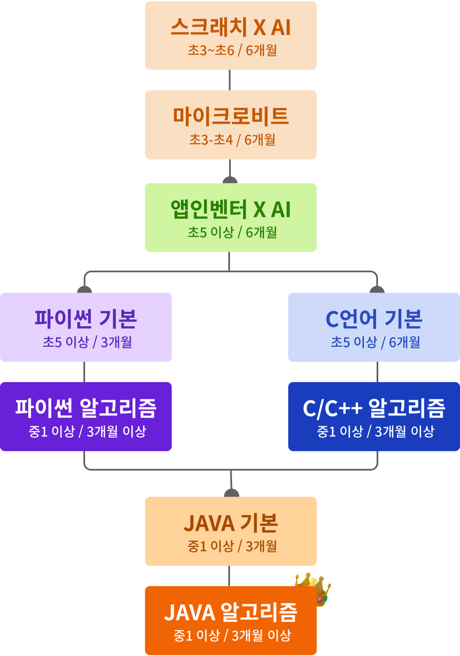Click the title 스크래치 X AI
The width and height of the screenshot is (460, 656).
(231, 27)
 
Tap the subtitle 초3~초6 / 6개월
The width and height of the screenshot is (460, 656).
(232, 51)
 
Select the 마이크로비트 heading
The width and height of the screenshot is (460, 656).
(231, 116)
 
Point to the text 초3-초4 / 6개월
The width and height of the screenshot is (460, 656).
(232, 140)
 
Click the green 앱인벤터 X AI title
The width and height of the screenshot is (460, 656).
(231, 209)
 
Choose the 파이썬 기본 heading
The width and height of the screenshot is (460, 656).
(86, 318)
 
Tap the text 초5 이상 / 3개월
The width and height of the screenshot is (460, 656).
(87, 342)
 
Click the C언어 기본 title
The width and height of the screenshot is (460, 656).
(374, 318)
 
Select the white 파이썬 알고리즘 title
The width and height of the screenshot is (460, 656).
(86, 408)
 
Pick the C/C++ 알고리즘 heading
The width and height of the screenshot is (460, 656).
(374, 408)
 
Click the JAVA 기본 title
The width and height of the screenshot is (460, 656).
(231, 523)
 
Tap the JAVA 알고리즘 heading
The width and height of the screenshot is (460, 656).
(231, 613)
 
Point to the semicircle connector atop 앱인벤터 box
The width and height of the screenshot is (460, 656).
(230, 180)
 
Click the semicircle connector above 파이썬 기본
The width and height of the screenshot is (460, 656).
(84, 290)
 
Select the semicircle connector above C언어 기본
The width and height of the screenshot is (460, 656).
(377, 290)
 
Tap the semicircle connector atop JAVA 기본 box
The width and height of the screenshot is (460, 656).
(231, 494)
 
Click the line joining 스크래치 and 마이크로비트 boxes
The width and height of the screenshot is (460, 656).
(230, 80)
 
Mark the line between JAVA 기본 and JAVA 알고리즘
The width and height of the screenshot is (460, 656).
(229, 576)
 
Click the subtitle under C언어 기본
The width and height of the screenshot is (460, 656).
(375, 342)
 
